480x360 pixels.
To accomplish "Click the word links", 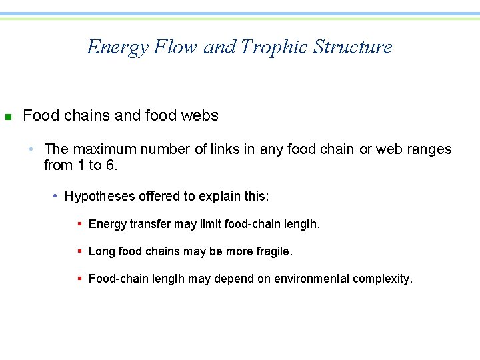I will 226,149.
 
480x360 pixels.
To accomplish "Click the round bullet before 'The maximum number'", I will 37,149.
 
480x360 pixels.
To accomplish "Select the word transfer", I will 147,224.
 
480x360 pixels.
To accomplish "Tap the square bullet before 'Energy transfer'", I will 79,225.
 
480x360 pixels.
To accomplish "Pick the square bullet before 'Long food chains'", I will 79,252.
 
